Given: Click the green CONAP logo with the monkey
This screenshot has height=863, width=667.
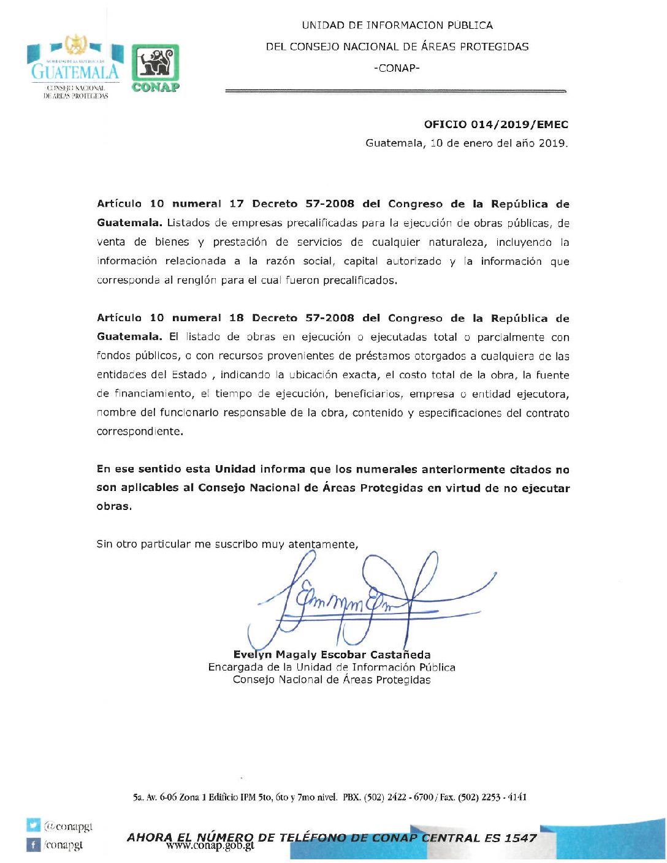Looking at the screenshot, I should click(156, 67).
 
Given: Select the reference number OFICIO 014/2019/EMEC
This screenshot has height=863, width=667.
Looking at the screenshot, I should click(496, 124).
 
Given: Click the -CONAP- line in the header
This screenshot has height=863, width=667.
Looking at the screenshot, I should click(397, 68).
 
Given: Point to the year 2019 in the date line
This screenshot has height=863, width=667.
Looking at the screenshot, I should click(553, 143).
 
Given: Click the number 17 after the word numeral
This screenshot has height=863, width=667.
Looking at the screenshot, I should click(236, 204).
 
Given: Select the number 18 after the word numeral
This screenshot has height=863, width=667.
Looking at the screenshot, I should click(236, 318).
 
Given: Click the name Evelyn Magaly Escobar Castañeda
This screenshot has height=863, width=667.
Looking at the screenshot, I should click(332, 655).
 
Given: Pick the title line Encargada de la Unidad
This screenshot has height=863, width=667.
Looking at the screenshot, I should click(332, 667).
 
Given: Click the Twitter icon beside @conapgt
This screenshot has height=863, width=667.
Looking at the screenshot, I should click(33, 826).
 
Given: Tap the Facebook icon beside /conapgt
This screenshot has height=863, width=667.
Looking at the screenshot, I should click(33, 845).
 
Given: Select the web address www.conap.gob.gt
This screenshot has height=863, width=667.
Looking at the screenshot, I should click(210, 846).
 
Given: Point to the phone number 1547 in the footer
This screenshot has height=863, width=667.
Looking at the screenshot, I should click(520, 838).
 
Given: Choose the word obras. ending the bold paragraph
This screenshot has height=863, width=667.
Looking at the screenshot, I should click(114, 507).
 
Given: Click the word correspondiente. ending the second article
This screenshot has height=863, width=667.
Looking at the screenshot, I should click(140, 431).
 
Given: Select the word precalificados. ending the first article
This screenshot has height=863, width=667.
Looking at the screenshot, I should click(361, 281).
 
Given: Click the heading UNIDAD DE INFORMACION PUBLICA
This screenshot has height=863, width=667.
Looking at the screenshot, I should click(397, 25).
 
